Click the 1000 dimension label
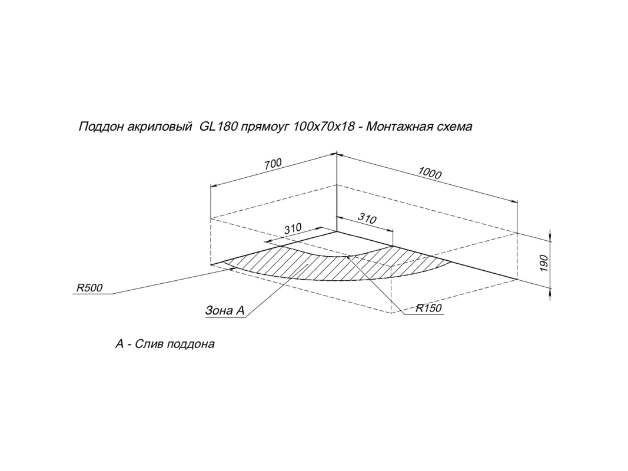[430, 173]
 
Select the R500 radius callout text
[89, 288]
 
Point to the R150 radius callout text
[428, 307]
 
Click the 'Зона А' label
[224, 311]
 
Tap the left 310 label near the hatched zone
[293, 228]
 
